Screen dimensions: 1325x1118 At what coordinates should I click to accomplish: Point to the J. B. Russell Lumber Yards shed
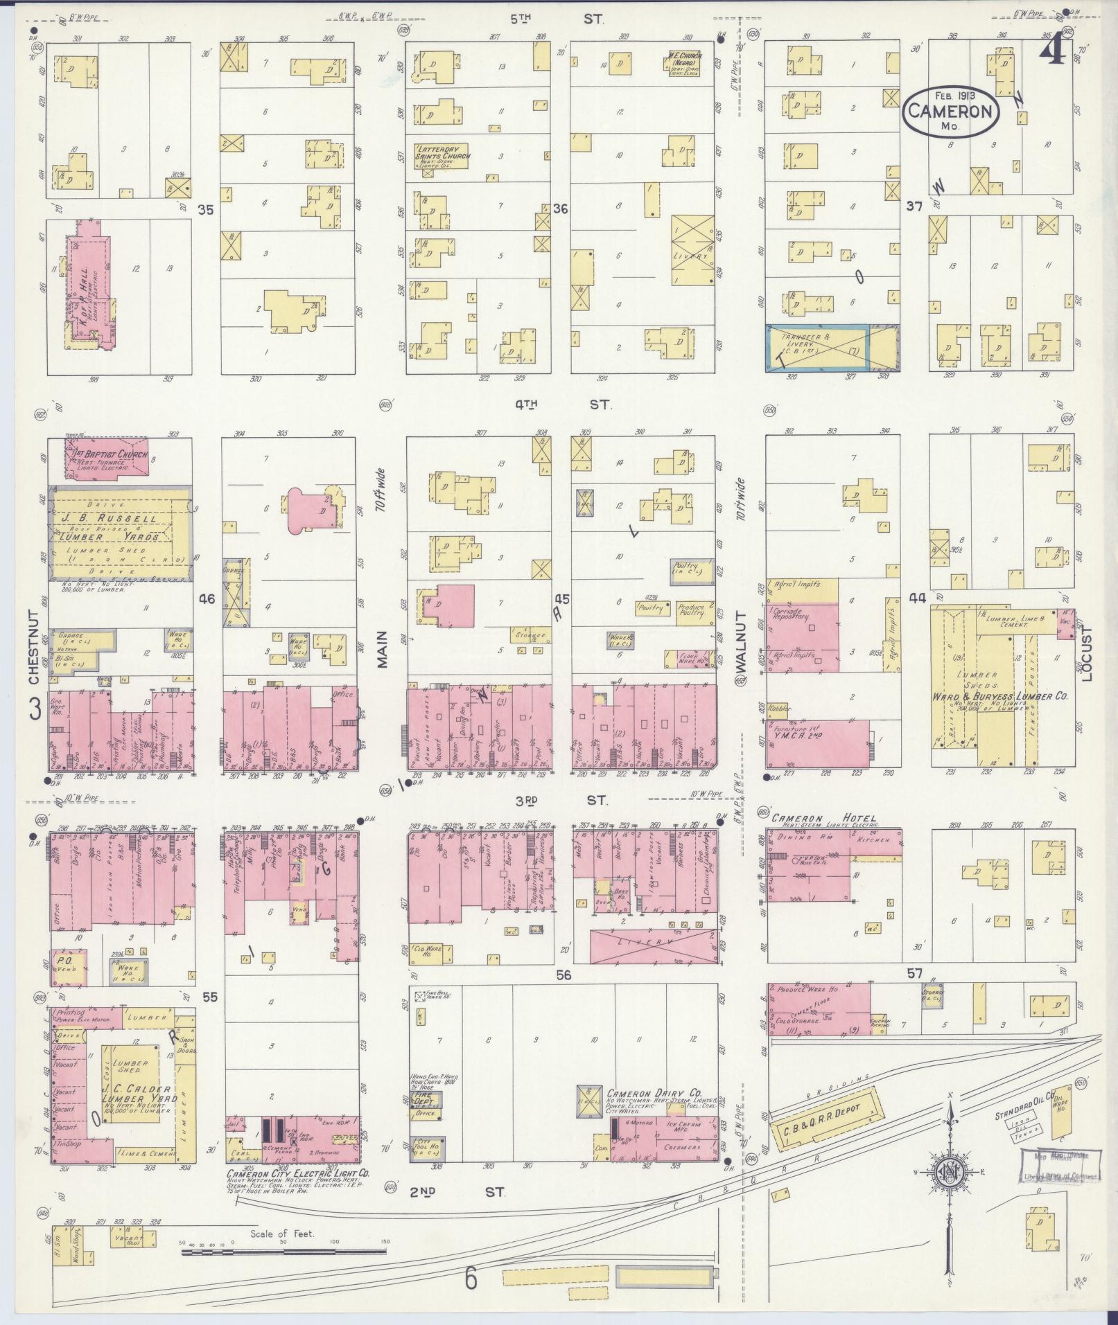[118, 530]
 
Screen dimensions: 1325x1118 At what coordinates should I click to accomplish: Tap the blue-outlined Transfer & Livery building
[816, 348]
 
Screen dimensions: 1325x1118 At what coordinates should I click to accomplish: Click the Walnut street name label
[742, 643]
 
